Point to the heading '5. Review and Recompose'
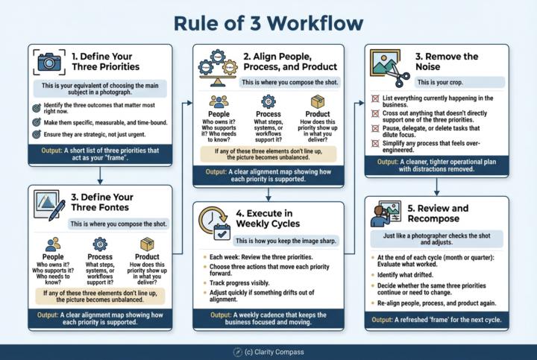click(439, 214)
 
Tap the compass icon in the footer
click(236, 351)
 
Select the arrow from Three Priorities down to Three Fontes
click(101, 177)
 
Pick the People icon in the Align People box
click(219, 102)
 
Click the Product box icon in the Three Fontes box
click(146, 245)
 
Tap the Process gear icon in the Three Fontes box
click(101, 245)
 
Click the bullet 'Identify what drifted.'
click(414, 275)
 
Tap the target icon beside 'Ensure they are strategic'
click(36, 135)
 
